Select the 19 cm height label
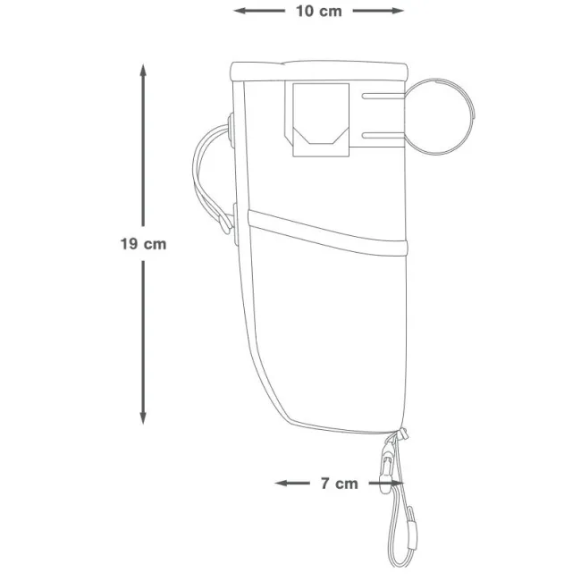tap(143, 243)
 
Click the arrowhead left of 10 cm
tap(239, 12)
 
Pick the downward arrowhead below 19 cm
tap(143, 418)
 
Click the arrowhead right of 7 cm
tap(395, 484)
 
